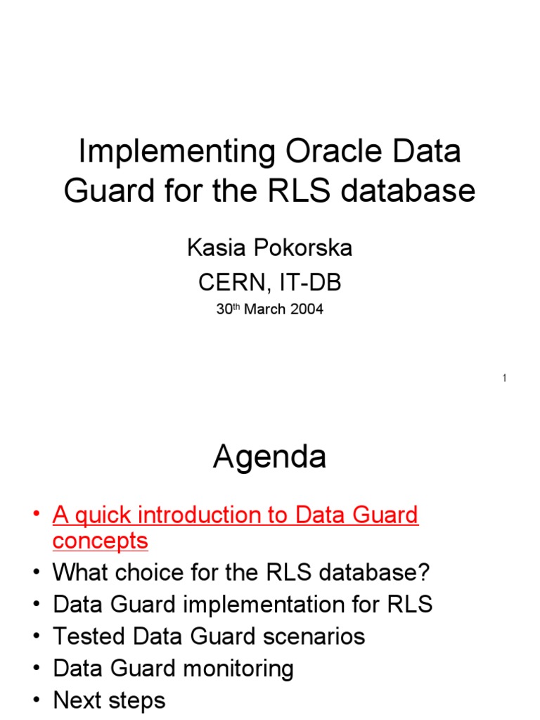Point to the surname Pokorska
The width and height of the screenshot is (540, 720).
pos(303,247)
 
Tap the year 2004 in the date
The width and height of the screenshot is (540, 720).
pos(307,309)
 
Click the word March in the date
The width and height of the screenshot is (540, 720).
pos(266,309)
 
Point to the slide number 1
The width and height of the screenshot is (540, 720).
pos(504,379)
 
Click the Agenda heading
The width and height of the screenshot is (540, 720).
pos(269,458)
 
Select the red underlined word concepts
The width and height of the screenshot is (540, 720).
pos(101,541)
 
